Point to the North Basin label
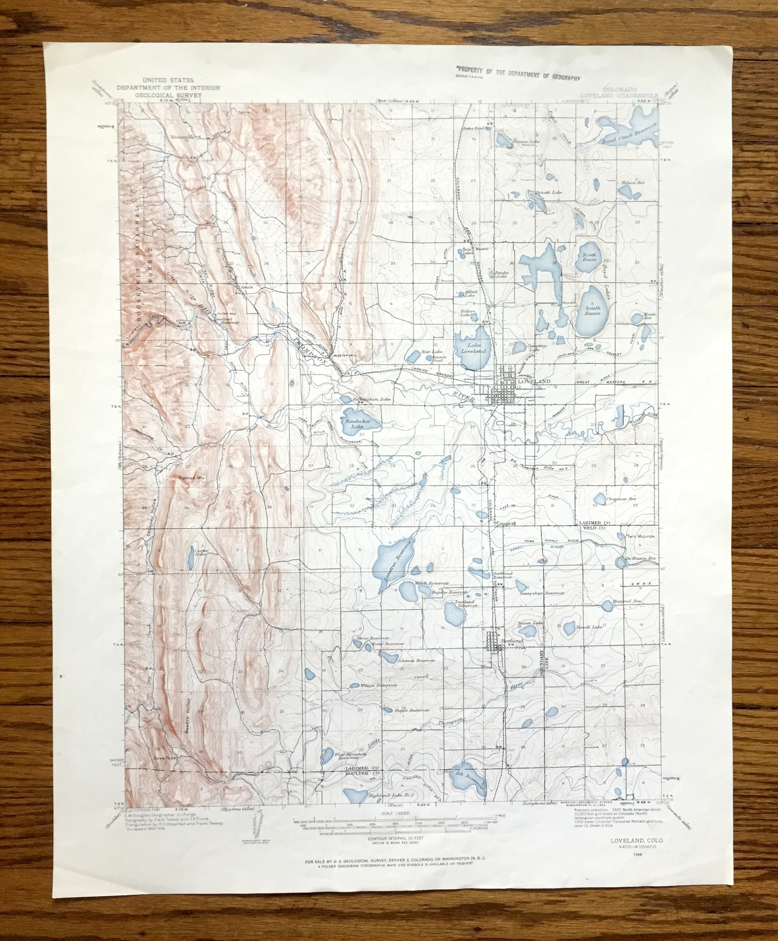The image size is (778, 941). point(589,258)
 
